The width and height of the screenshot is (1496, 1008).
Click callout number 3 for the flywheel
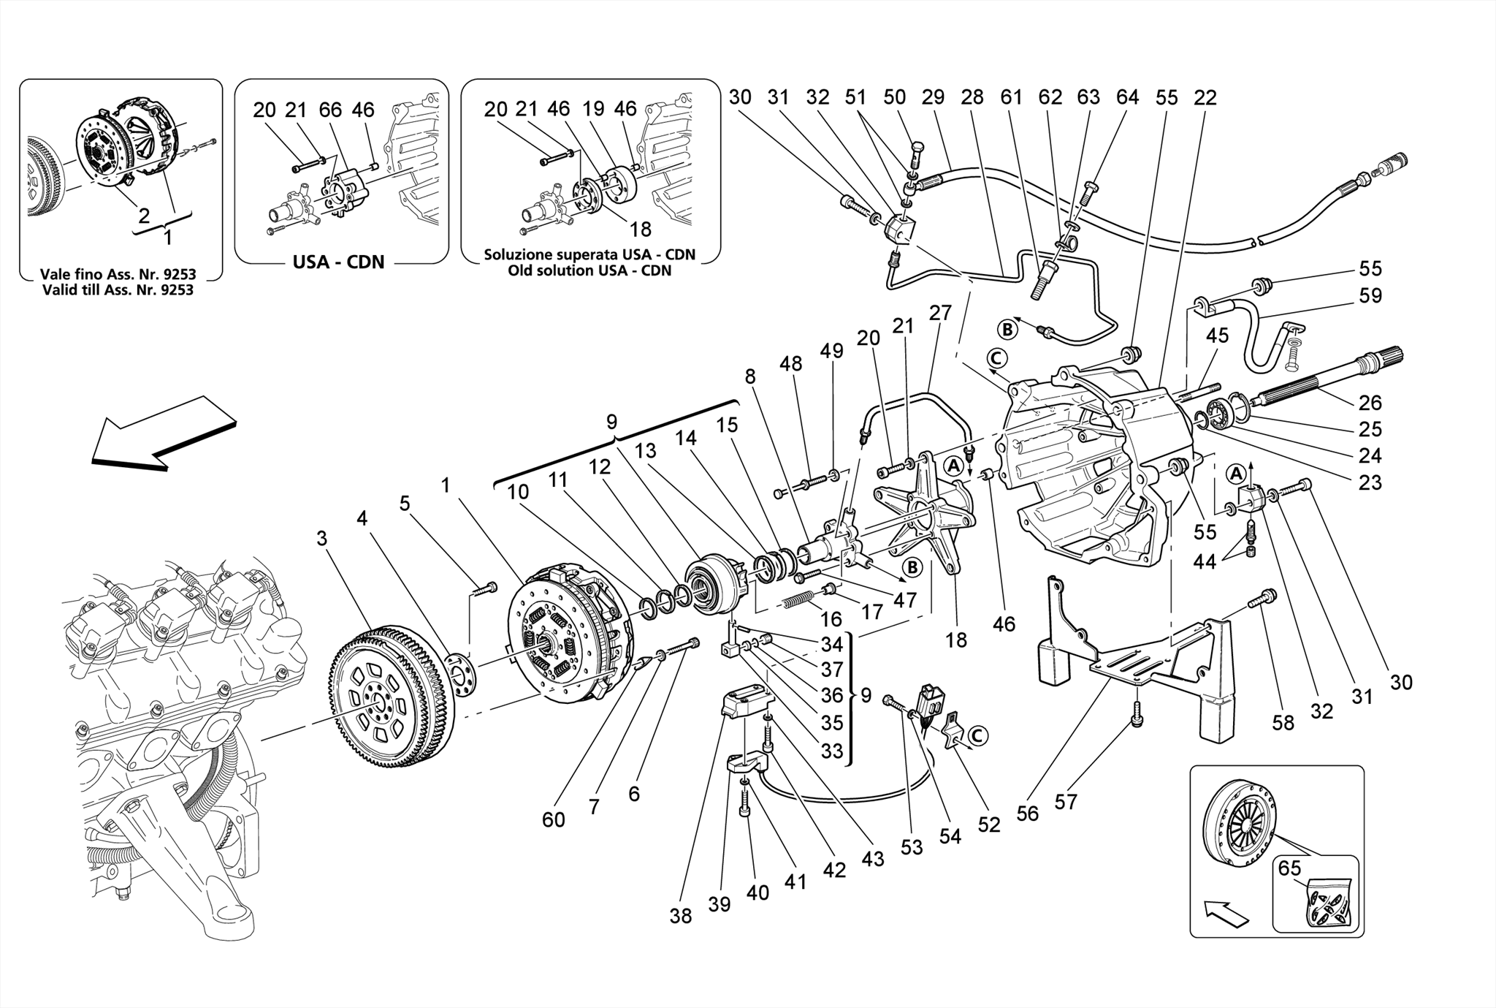click(x=322, y=539)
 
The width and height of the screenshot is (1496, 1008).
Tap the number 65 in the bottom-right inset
click(x=1290, y=868)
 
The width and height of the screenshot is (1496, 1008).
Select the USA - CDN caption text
click(x=338, y=262)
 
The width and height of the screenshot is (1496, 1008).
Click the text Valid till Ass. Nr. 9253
click(x=117, y=289)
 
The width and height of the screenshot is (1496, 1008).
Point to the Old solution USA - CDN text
click(x=589, y=270)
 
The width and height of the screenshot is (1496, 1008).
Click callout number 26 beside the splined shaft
click(x=1370, y=403)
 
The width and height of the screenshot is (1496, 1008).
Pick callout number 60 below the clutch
click(x=554, y=819)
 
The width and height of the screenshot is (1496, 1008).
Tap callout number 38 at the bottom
click(x=680, y=916)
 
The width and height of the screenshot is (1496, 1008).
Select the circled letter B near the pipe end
click(x=1007, y=330)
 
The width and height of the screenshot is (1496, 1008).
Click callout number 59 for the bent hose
click(x=1370, y=296)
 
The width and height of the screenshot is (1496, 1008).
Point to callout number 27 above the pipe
click(x=940, y=313)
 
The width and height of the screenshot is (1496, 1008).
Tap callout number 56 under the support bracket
click(x=1027, y=814)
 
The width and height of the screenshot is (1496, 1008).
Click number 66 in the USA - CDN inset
click(x=330, y=110)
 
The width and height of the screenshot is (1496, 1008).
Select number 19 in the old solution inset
click(x=593, y=109)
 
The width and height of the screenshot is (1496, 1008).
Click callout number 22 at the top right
click(x=1205, y=97)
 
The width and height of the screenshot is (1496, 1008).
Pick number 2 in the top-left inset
click(x=144, y=215)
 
